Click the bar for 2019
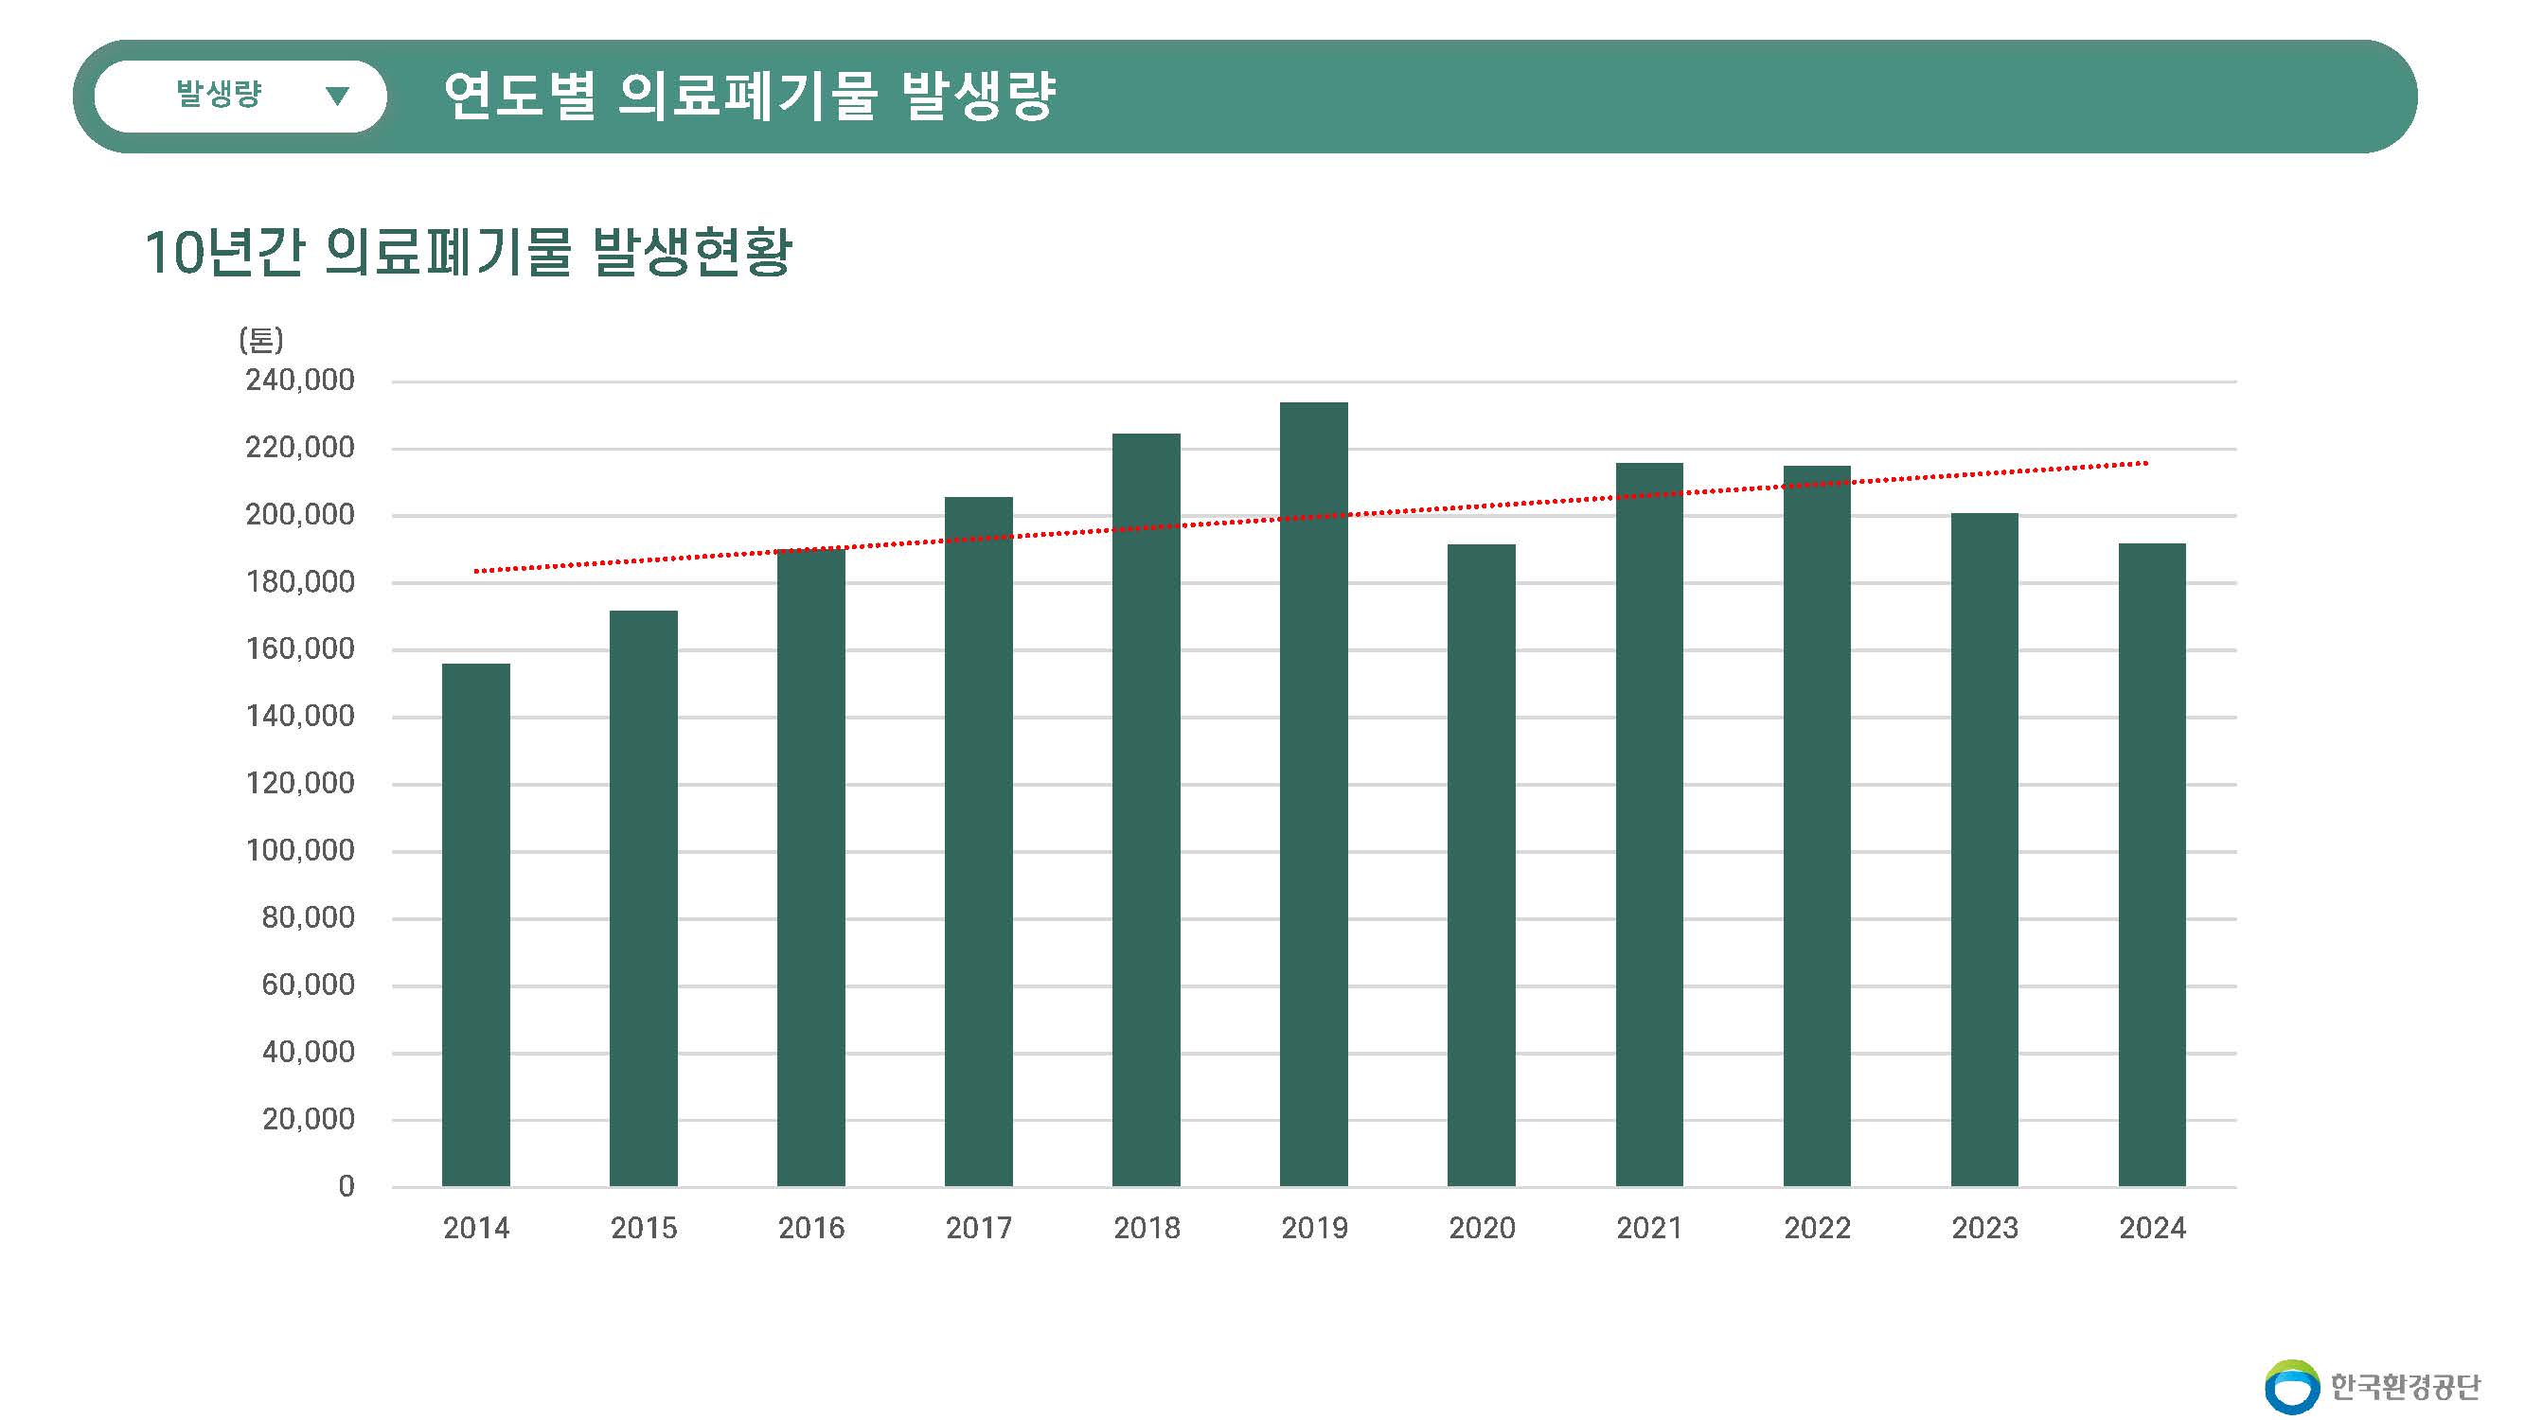pos(1313,794)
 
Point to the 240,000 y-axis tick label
pos(300,381)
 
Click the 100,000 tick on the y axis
pos(300,850)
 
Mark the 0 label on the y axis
pos(346,1186)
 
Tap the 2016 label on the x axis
pos(810,1228)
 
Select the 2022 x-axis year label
pos(1816,1228)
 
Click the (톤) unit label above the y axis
pos(260,340)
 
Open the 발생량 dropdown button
pos(240,96)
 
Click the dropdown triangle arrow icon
pos(337,96)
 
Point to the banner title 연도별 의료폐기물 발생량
pos(749,96)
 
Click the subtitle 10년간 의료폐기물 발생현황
pos(468,252)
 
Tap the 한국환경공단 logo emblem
pos(2292,1387)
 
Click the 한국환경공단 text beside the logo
pos(2406,1387)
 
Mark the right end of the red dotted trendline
pos(2145,464)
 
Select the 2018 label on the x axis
pos(1146,1228)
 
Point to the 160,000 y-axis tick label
pos(300,648)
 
